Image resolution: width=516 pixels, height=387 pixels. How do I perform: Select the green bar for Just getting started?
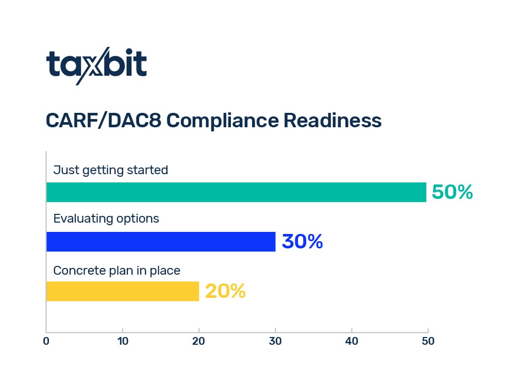(x=236, y=192)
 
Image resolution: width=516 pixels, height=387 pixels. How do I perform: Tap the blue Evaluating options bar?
(x=161, y=242)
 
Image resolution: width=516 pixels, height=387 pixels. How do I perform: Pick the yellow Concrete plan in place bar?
(x=123, y=291)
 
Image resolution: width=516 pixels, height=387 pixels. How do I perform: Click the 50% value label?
(x=452, y=192)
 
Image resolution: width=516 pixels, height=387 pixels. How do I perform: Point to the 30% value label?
(x=302, y=242)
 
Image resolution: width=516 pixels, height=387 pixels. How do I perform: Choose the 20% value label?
(x=225, y=292)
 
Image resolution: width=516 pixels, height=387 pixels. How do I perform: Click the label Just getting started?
(x=111, y=170)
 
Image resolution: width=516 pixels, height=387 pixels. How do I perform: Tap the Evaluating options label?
(x=106, y=218)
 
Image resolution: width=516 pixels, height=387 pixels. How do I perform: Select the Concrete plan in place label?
(x=117, y=270)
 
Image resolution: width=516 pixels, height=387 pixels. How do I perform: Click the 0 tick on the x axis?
(x=46, y=341)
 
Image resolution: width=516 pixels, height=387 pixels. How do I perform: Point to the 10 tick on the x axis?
(x=122, y=341)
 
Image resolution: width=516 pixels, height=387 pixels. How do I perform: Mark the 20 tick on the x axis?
(x=198, y=341)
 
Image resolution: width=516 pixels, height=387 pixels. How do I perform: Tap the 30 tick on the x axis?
(x=275, y=341)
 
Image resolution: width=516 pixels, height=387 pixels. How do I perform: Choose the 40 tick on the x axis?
(x=352, y=341)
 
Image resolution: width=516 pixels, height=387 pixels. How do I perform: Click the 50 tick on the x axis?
(x=428, y=341)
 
